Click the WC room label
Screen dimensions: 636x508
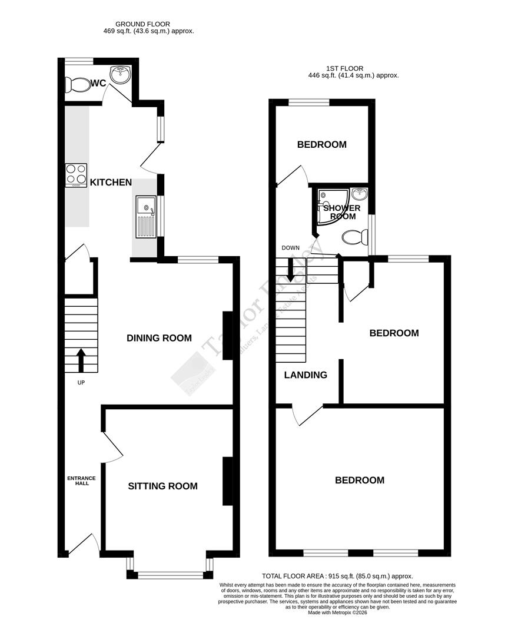click(x=98, y=84)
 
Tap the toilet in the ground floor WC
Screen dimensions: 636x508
click(x=77, y=85)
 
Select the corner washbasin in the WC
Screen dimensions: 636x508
click(x=123, y=75)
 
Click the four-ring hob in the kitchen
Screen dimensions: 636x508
click(x=76, y=174)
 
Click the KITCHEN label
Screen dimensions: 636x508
click(x=111, y=183)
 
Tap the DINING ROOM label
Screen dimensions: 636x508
click(x=159, y=338)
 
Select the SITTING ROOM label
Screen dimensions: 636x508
click(x=162, y=486)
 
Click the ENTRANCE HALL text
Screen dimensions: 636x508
click(x=81, y=481)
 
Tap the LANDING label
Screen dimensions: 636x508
click(x=306, y=375)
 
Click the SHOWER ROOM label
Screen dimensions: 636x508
click(x=341, y=213)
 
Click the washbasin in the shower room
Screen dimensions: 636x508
click(x=359, y=194)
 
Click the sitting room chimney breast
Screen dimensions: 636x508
click(x=227, y=481)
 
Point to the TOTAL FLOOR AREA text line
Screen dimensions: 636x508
click(x=337, y=576)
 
